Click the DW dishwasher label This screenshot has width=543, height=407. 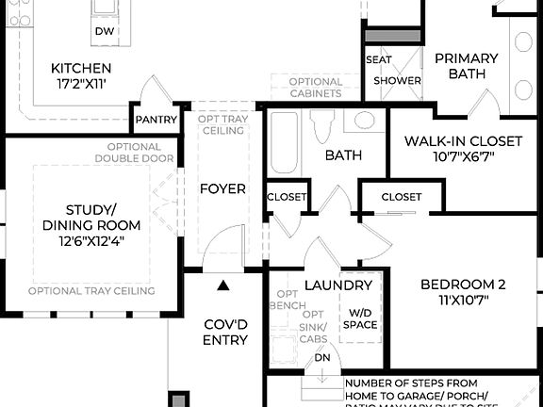pyautogui.click(x=105, y=32)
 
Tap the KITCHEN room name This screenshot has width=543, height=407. pyautogui.click(x=81, y=69)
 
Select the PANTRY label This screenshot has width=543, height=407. pyautogui.click(x=154, y=120)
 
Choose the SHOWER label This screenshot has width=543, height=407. pyautogui.click(x=397, y=81)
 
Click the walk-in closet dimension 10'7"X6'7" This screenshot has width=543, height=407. pyautogui.click(x=464, y=156)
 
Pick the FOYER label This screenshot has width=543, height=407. pyautogui.click(x=222, y=188)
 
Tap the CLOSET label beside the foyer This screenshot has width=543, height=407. pyautogui.click(x=287, y=197)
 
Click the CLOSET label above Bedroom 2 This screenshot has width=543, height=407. pyautogui.click(x=402, y=197)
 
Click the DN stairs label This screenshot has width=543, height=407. pyautogui.click(x=322, y=358)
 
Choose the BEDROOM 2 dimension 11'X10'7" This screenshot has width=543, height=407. pyautogui.click(x=463, y=301)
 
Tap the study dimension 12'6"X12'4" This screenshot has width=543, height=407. pyautogui.click(x=90, y=240)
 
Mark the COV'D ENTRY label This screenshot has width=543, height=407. pyautogui.click(x=225, y=332)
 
